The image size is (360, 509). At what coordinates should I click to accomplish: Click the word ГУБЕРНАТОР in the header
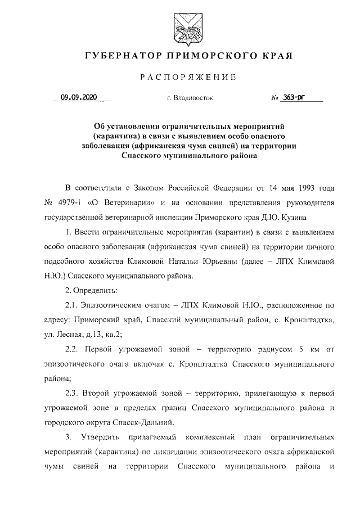[119, 56]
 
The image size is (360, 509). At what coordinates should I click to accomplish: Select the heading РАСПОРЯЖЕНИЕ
[180, 76]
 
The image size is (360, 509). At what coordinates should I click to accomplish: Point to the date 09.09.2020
[79, 97]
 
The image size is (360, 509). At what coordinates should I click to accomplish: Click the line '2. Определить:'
[91, 291]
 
